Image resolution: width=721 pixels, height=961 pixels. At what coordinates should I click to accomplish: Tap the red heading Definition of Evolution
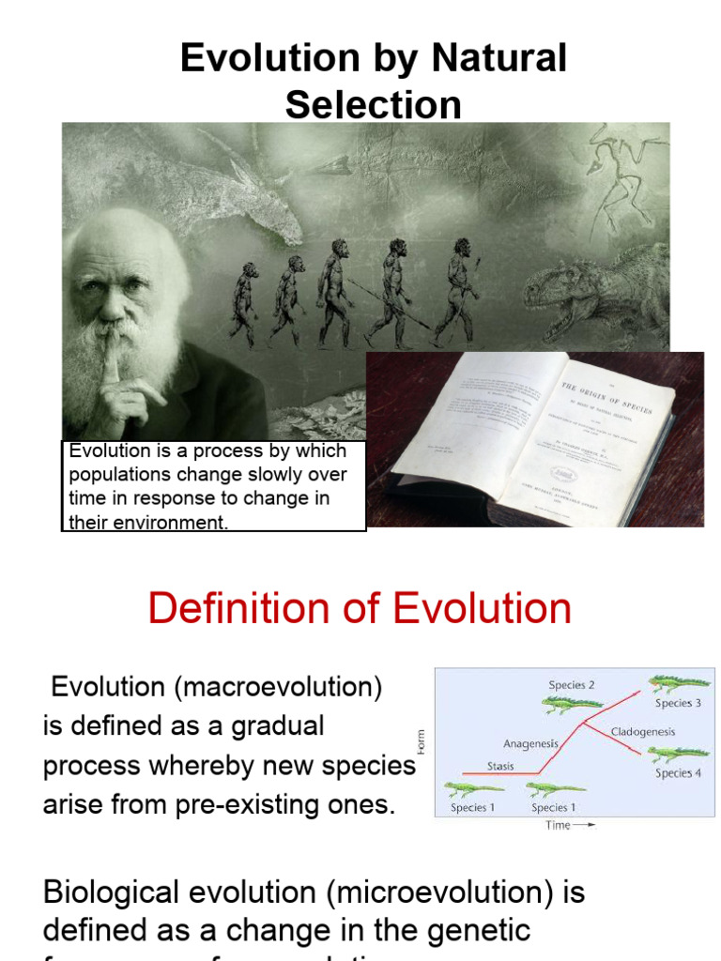(360, 608)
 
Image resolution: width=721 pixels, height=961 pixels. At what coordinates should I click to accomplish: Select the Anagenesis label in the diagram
(530, 743)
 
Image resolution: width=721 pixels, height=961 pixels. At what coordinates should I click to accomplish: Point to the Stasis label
(500, 766)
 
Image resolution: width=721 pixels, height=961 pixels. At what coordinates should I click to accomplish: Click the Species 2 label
(572, 685)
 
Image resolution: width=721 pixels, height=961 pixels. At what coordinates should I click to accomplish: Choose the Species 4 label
(678, 773)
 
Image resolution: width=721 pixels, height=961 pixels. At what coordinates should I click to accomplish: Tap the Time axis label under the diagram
(558, 826)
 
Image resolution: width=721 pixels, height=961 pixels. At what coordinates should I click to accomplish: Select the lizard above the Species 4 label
(678, 753)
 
